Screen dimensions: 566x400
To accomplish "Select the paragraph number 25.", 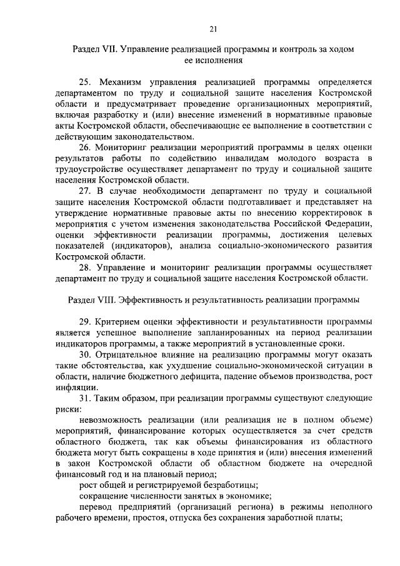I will [x=86, y=81].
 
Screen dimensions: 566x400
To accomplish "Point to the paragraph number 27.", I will [x=86, y=189].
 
